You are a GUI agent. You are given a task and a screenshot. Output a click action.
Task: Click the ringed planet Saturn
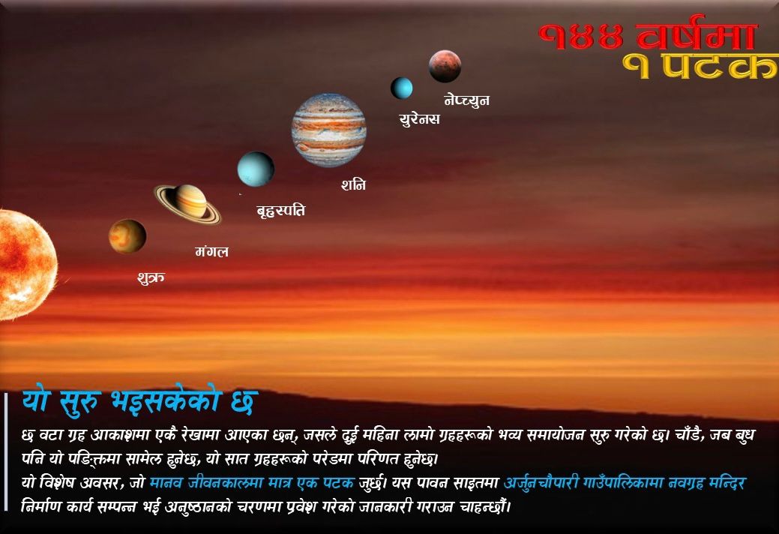187,204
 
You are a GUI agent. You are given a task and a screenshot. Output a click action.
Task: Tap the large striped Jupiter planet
329,130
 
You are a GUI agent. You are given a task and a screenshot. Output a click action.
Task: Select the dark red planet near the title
445,66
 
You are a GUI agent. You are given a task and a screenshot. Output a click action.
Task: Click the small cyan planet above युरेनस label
401,88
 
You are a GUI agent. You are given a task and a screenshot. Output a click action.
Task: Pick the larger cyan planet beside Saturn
256,169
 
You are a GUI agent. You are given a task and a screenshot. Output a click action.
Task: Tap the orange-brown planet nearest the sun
127,236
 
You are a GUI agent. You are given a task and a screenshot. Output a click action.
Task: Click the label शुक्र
151,277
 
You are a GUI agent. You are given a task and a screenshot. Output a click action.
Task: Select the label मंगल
211,252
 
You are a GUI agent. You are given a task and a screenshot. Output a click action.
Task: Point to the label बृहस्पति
280,211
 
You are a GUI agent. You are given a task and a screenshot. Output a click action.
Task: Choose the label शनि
353,184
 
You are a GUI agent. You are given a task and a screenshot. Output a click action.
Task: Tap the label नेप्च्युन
466,100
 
